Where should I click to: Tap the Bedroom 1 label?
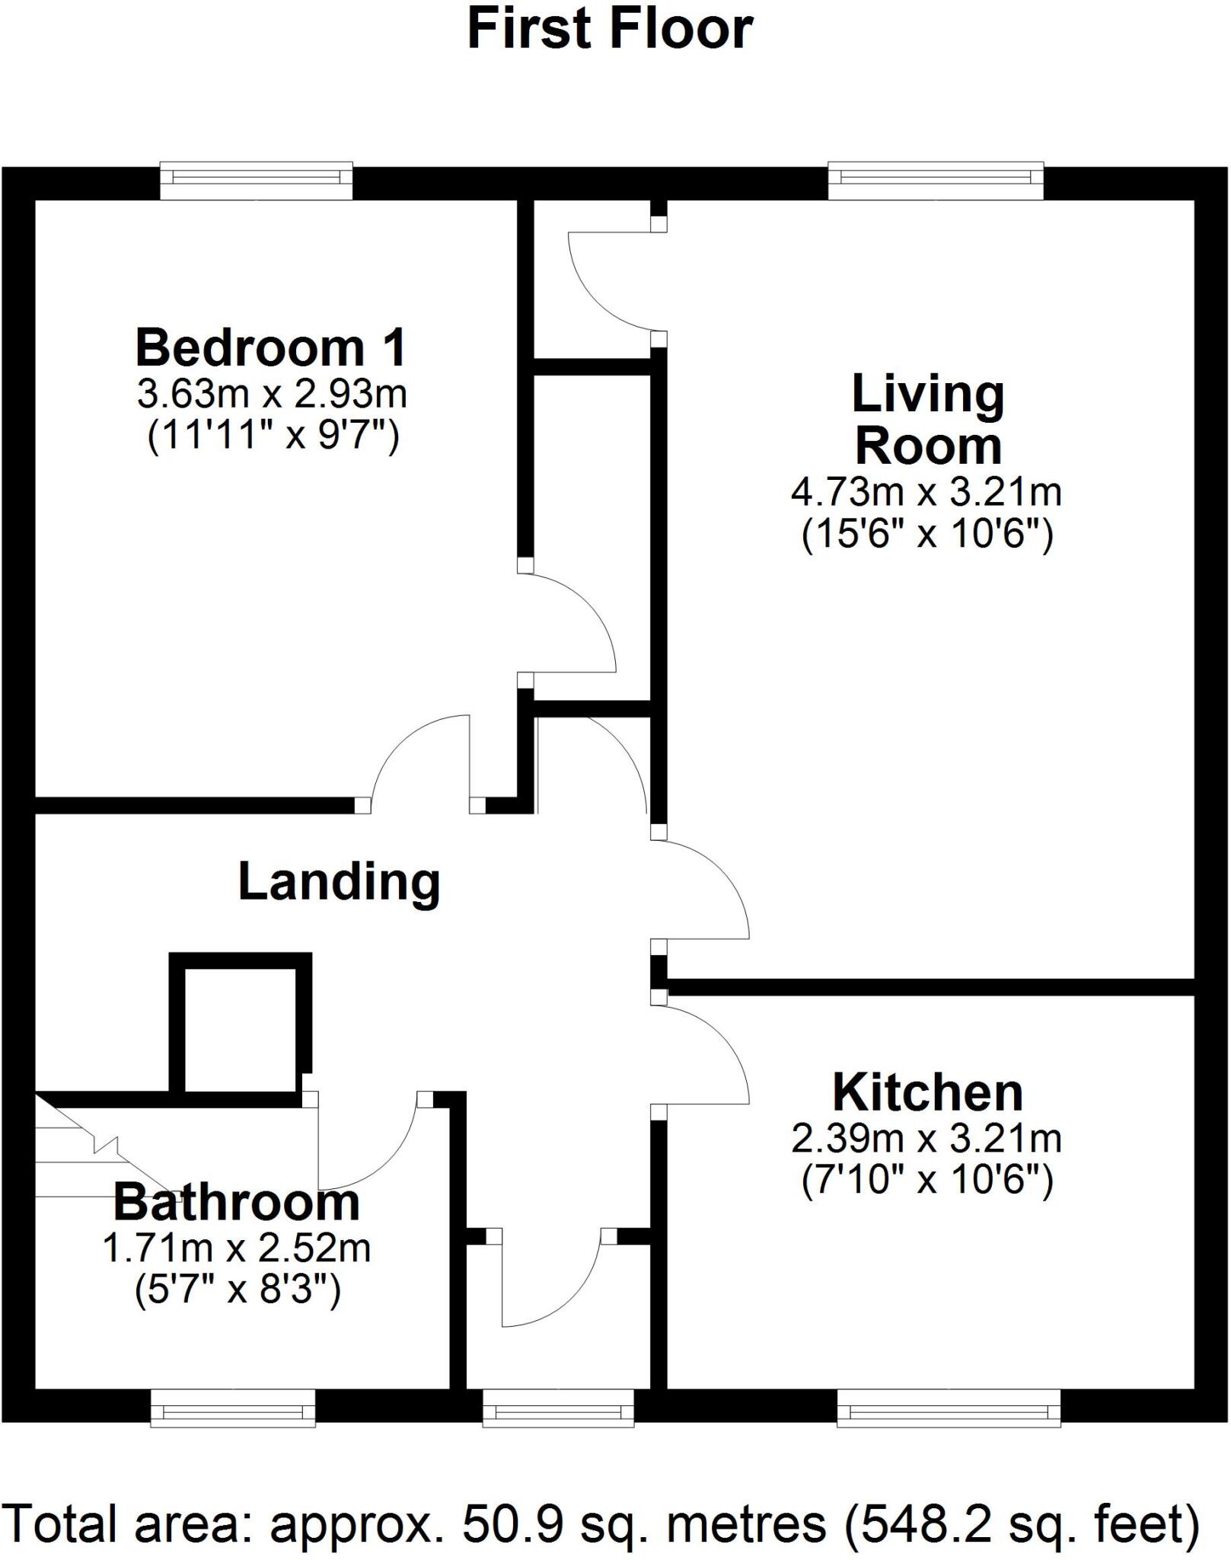[x=270, y=347]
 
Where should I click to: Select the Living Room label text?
[x=927, y=420]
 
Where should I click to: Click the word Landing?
[x=340, y=881]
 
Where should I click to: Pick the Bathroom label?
[x=237, y=1203]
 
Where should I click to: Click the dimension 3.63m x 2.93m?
[x=272, y=394]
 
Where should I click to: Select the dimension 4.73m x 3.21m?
[x=926, y=492]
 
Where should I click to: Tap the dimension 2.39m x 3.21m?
[x=926, y=1139]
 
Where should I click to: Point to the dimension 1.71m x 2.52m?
[x=237, y=1248]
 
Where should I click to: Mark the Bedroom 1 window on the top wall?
[x=256, y=179]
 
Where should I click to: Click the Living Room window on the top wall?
[x=935, y=179]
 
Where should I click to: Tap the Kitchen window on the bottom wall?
[x=949, y=1408]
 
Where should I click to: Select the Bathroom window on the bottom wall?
[x=233, y=1408]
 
